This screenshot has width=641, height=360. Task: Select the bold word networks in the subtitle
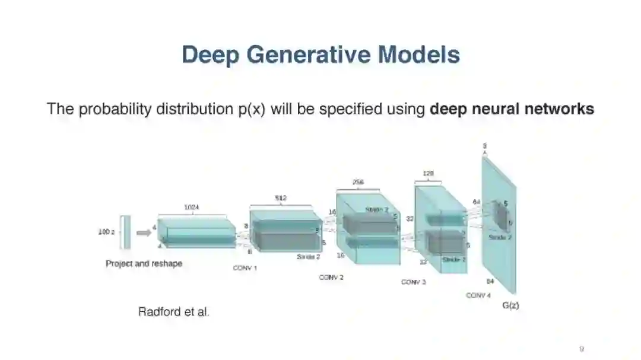point(560,109)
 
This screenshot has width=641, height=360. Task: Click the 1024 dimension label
point(192,207)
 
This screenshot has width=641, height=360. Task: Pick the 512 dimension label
point(281,198)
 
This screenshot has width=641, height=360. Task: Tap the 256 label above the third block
point(358,182)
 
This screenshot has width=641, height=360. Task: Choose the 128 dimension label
point(428,174)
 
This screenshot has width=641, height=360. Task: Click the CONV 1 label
point(245,268)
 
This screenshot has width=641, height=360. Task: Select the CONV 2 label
point(331,277)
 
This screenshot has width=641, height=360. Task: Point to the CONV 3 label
point(413,282)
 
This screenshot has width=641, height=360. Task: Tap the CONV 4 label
point(478,295)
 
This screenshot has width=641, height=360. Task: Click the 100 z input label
point(106,232)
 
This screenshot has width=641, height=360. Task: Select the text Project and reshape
point(144,263)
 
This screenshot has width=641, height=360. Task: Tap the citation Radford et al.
point(173,311)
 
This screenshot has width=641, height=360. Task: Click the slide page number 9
point(582,348)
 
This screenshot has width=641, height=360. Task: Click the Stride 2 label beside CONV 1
point(308,257)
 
